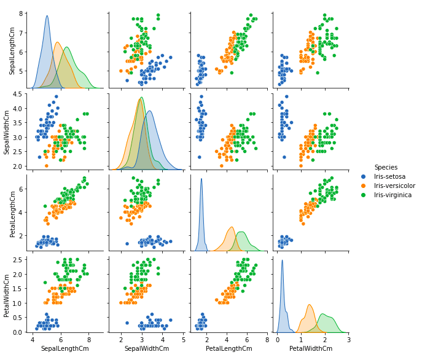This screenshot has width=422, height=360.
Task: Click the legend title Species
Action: tap(385, 167)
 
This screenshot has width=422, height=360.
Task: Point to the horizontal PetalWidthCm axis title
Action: tap(310, 348)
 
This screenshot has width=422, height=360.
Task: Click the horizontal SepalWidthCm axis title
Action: tap(146, 348)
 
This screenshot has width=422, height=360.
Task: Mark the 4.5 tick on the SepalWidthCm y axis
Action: tap(20, 94)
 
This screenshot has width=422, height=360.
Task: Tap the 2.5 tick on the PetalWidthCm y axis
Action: tap(20, 259)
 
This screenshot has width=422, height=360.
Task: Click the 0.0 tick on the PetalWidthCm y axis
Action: tap(20, 332)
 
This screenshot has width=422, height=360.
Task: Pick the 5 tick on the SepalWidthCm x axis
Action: tap(182, 339)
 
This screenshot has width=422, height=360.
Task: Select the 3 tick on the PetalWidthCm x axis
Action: tap(348, 339)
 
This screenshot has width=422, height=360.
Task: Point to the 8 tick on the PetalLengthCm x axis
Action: tap(267, 339)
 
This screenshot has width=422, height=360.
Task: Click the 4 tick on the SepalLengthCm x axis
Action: tap(33, 339)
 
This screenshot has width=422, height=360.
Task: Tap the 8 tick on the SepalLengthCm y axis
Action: tap(22, 14)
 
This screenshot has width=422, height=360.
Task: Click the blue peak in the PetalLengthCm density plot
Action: tap(201, 179)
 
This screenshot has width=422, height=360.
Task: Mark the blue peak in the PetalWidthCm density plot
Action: tap(283, 260)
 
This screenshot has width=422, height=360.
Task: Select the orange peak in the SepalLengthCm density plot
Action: tap(57, 42)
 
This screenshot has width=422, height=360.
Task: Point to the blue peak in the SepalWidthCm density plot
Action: tap(149, 111)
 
